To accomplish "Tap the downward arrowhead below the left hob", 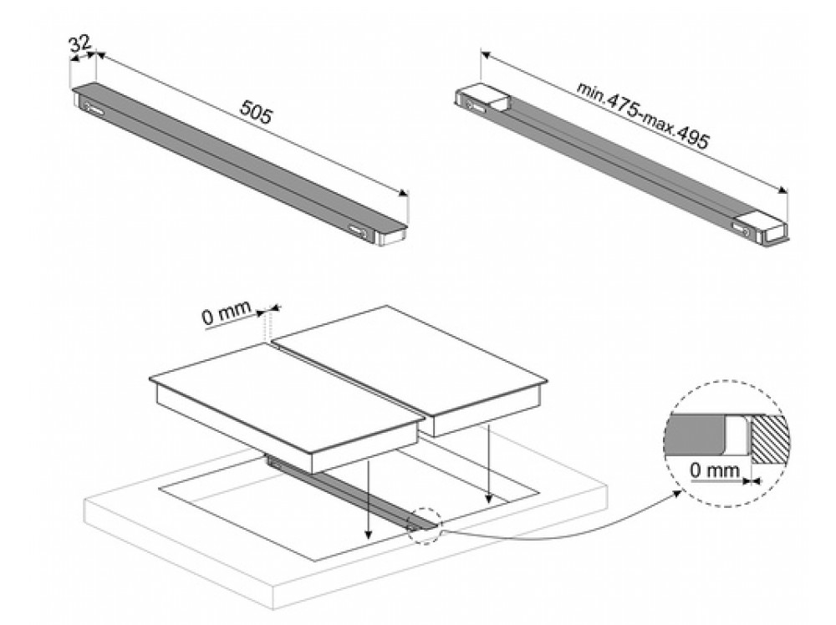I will point(368,537).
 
